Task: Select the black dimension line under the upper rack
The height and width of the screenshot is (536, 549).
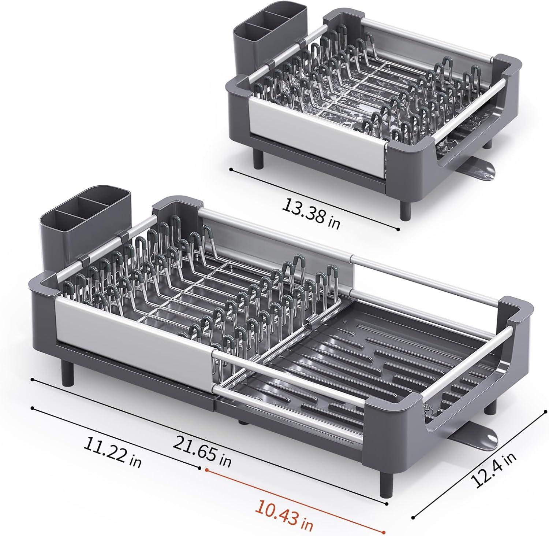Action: pyautogui.click(x=315, y=200)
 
